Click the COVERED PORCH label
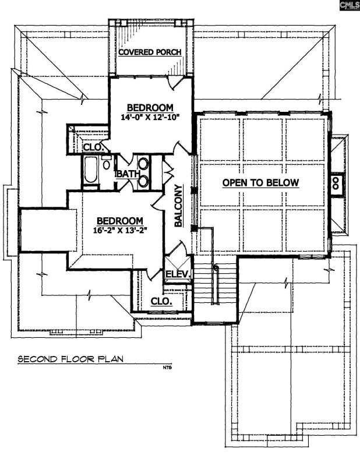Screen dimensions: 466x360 (150, 52)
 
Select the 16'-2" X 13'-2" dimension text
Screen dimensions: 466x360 (120, 231)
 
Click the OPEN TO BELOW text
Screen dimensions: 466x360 (260, 183)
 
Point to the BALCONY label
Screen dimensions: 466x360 (179, 207)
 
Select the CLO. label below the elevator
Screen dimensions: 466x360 (161, 302)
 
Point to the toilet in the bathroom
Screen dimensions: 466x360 (107, 164)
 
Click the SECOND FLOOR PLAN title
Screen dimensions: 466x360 (72, 359)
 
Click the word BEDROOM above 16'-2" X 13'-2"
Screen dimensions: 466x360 (120, 221)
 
